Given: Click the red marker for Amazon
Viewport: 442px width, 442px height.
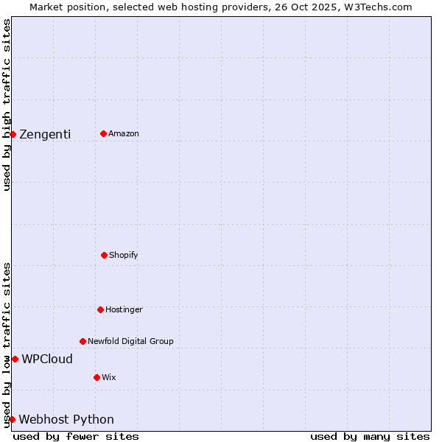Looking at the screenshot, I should coord(103,133).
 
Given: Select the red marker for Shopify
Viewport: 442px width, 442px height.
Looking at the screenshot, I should coord(104,255).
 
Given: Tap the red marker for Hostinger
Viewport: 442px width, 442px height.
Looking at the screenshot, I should coord(100,309).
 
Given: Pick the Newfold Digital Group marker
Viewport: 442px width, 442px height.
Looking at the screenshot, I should coord(83,341).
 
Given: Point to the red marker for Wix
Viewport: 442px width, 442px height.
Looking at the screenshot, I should coord(97,377).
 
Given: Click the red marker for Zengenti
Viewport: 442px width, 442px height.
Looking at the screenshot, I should coord(13,134).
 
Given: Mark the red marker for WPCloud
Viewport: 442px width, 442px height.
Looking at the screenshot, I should coord(15,359).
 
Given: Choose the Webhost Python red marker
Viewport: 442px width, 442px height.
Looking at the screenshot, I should coord(12,419).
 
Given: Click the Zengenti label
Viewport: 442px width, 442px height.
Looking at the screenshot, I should coord(45,134).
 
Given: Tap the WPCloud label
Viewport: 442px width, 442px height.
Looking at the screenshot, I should coord(47,359).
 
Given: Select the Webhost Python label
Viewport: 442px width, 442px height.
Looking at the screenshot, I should coord(66,420).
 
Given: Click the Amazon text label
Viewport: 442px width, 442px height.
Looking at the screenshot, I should coord(124,133).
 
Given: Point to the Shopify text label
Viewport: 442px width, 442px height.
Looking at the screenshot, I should coord(124,255).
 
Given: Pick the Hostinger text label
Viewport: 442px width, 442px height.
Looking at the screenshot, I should coord(124,309).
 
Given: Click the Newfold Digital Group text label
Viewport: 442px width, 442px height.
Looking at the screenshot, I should coord(130,341).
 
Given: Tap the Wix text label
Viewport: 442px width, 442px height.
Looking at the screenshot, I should coord(109,377).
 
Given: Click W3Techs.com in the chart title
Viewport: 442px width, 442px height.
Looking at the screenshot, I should coord(376,7).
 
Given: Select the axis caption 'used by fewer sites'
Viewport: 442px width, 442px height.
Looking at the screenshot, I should coord(76,436).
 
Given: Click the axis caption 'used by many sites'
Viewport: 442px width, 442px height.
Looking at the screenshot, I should coord(370,436).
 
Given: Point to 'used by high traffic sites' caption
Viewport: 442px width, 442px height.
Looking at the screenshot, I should coord(7,105).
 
